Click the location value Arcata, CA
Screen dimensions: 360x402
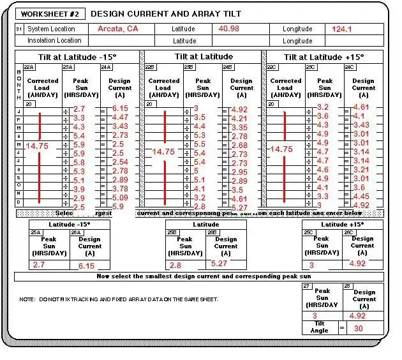[117, 29]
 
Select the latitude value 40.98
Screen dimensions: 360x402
[229, 29]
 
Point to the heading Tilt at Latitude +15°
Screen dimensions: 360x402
[324, 57]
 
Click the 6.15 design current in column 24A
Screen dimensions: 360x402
[120, 109]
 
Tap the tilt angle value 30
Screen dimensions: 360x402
[359, 328]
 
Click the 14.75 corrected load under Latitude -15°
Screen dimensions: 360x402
[38, 146]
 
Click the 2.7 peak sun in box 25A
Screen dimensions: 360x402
[39, 264]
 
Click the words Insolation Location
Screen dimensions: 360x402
[54, 41]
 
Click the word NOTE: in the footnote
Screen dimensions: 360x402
[27, 299]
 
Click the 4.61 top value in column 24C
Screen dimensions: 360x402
[361, 107]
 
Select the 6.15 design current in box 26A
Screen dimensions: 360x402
[86, 266]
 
